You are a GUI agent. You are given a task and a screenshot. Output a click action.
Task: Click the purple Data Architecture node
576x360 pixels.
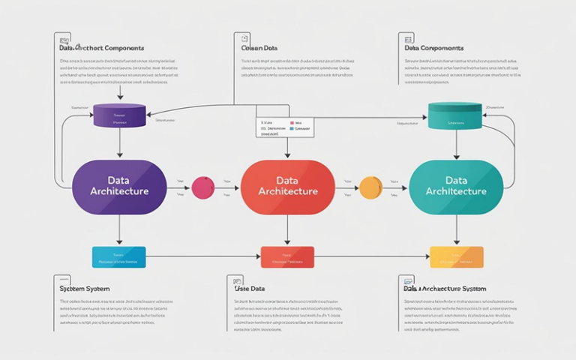point(119,185)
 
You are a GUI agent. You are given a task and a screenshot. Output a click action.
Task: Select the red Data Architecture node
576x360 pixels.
point(287,186)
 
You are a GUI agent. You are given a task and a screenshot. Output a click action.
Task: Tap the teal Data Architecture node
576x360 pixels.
point(456,186)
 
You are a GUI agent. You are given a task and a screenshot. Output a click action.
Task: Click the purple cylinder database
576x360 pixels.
point(119,115)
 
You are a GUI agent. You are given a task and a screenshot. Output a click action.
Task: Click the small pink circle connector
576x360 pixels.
point(203,187)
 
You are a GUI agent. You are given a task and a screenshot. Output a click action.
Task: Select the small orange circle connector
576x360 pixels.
point(371,187)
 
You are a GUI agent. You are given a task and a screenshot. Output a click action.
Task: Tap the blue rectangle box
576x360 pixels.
point(119,256)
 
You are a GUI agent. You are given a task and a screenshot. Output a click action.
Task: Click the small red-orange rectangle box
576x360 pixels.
point(286,256)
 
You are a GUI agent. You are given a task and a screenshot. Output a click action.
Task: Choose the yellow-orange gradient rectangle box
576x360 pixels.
point(456,256)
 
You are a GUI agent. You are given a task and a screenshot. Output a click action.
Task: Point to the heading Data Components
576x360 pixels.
point(433,48)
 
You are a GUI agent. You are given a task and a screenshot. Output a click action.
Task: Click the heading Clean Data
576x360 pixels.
point(259,48)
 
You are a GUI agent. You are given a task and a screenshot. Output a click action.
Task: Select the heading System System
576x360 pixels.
point(85,288)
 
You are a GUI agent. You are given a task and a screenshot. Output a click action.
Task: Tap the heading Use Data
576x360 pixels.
point(250,288)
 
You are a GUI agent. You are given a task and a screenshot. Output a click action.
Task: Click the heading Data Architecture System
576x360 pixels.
point(445,288)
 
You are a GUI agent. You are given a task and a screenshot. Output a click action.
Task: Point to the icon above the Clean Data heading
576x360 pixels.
point(241,37)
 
